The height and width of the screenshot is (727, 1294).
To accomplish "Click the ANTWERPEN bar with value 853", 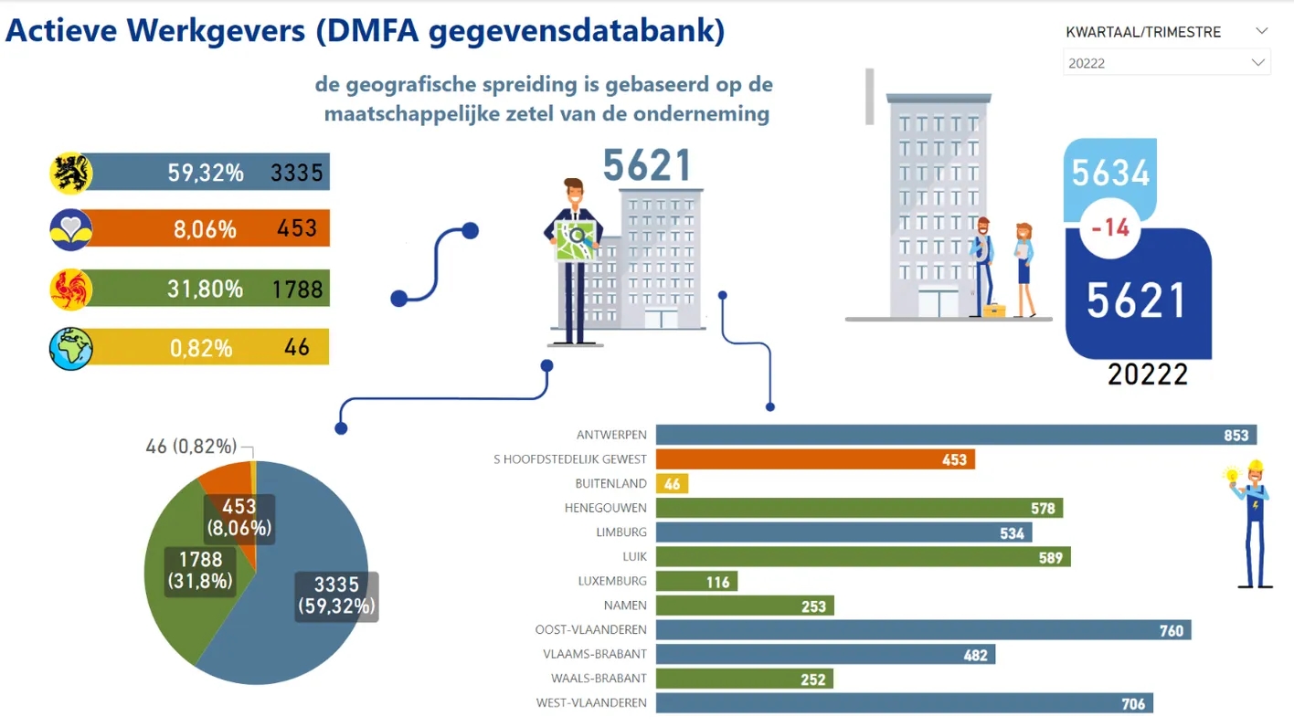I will [955, 435].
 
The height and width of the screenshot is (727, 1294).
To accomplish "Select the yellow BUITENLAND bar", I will [672, 484].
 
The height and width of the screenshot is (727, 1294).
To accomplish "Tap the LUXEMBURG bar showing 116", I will [696, 581].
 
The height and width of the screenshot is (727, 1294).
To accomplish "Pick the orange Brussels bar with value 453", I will [814, 459].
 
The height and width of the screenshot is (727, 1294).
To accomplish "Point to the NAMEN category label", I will [625, 606].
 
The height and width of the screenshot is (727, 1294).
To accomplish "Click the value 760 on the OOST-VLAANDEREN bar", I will [1171, 630].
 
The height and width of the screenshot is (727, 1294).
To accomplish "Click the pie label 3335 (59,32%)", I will [336, 595].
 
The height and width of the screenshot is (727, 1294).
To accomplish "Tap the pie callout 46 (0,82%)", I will [191, 447].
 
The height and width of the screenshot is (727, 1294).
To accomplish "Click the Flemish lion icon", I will [71, 173].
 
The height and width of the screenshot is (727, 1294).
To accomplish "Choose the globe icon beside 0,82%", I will [71, 348].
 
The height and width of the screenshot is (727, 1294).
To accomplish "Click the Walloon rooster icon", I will [71, 290].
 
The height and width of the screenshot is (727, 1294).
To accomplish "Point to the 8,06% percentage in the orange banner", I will [205, 229].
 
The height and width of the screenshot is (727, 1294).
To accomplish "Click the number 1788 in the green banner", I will [297, 290].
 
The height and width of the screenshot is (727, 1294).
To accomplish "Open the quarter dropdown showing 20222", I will [1166, 63].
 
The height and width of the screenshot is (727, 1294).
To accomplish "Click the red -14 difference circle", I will [1110, 227].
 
